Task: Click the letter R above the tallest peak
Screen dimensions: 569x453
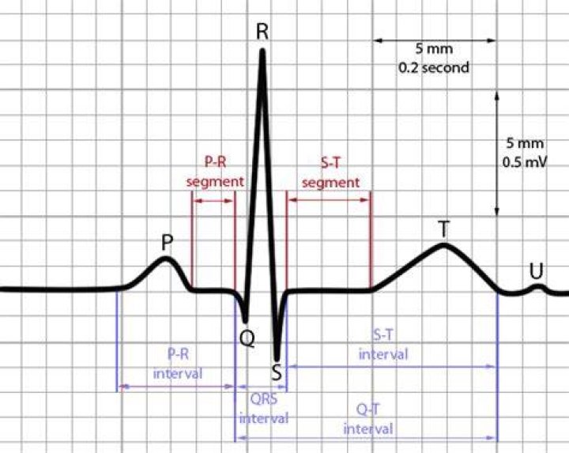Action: [x=262, y=32]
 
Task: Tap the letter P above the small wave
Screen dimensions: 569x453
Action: [x=167, y=243]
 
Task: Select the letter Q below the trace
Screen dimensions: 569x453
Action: [x=247, y=338]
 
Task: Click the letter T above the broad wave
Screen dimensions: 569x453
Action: [x=443, y=229]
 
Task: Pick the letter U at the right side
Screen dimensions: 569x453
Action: [x=537, y=271]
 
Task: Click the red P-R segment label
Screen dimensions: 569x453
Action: [x=215, y=172]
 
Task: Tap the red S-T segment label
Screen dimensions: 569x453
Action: [x=330, y=173]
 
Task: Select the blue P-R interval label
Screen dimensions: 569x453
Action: [x=178, y=364]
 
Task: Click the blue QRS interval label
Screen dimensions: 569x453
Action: [x=264, y=409]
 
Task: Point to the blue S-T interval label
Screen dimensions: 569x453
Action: [x=383, y=345]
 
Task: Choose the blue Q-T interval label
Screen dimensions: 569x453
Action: [x=368, y=420]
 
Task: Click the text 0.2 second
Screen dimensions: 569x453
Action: [x=434, y=67]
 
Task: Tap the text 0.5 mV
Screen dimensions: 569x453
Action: [x=525, y=162]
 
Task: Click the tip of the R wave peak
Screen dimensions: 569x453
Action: [x=262, y=50]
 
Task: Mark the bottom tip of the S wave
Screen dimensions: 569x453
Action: [x=277, y=359]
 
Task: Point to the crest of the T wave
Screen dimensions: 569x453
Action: [x=444, y=245]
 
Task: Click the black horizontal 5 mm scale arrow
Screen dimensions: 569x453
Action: [x=435, y=40]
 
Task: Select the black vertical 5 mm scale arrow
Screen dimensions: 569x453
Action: [x=497, y=154]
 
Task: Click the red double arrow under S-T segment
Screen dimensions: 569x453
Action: [x=329, y=200]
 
